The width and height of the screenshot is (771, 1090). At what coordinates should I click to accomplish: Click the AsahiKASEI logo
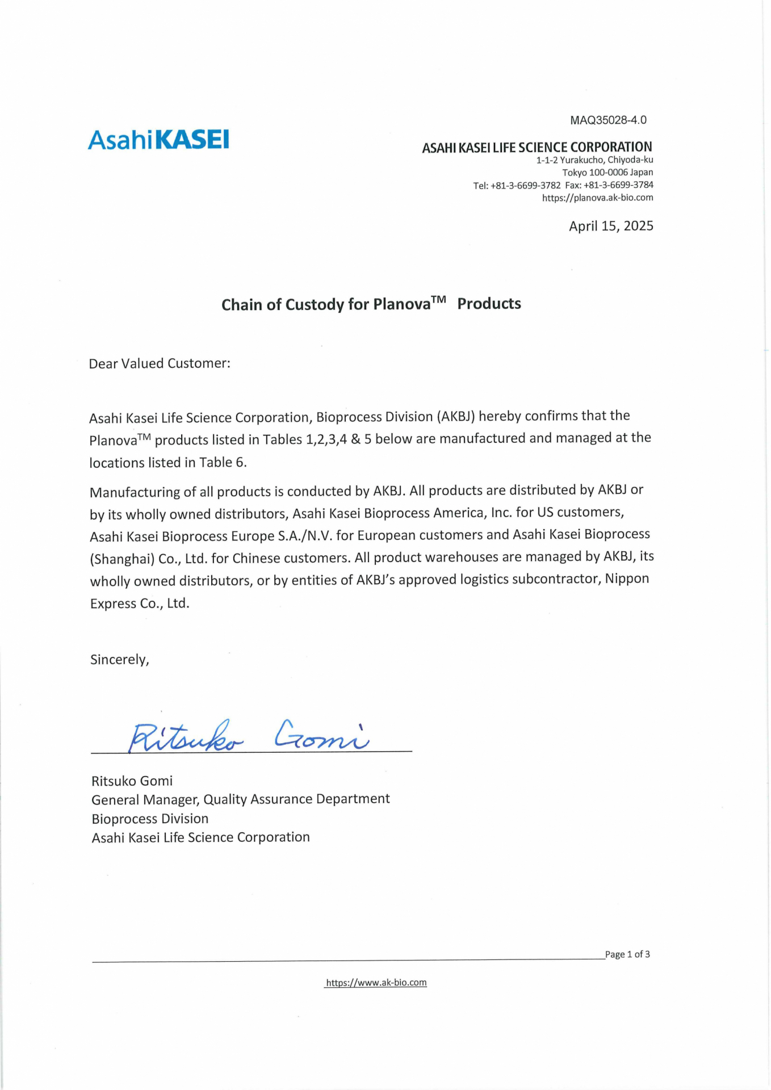pyautogui.click(x=158, y=140)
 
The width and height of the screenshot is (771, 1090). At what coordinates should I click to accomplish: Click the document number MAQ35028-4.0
pyautogui.click(x=608, y=120)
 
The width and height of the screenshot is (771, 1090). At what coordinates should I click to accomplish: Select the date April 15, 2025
pyautogui.click(x=611, y=226)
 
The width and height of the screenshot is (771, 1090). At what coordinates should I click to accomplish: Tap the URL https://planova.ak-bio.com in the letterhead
pyautogui.click(x=597, y=198)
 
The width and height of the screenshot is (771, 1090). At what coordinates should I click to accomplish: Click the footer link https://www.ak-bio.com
pyautogui.click(x=376, y=982)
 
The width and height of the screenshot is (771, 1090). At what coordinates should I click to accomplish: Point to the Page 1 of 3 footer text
pyautogui.click(x=627, y=954)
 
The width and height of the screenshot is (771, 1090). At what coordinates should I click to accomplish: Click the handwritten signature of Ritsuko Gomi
pyautogui.click(x=248, y=736)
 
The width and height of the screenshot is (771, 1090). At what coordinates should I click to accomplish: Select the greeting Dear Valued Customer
pyautogui.click(x=160, y=363)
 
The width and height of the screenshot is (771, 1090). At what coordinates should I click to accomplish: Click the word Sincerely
pyautogui.click(x=119, y=659)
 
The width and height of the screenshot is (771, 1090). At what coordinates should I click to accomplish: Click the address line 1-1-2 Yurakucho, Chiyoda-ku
pyautogui.click(x=594, y=160)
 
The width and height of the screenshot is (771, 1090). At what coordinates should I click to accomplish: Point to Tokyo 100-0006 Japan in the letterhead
pyautogui.click(x=607, y=173)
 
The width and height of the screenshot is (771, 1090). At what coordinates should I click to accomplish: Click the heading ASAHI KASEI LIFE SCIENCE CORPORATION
pyautogui.click(x=537, y=148)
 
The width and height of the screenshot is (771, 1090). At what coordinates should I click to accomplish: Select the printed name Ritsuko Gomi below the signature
pyautogui.click(x=132, y=781)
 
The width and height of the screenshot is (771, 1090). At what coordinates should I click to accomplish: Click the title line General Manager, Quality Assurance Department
pyautogui.click(x=241, y=799)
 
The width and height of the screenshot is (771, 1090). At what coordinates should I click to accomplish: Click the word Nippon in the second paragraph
pyautogui.click(x=627, y=578)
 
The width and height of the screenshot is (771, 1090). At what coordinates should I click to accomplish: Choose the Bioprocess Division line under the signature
pyautogui.click(x=150, y=819)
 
